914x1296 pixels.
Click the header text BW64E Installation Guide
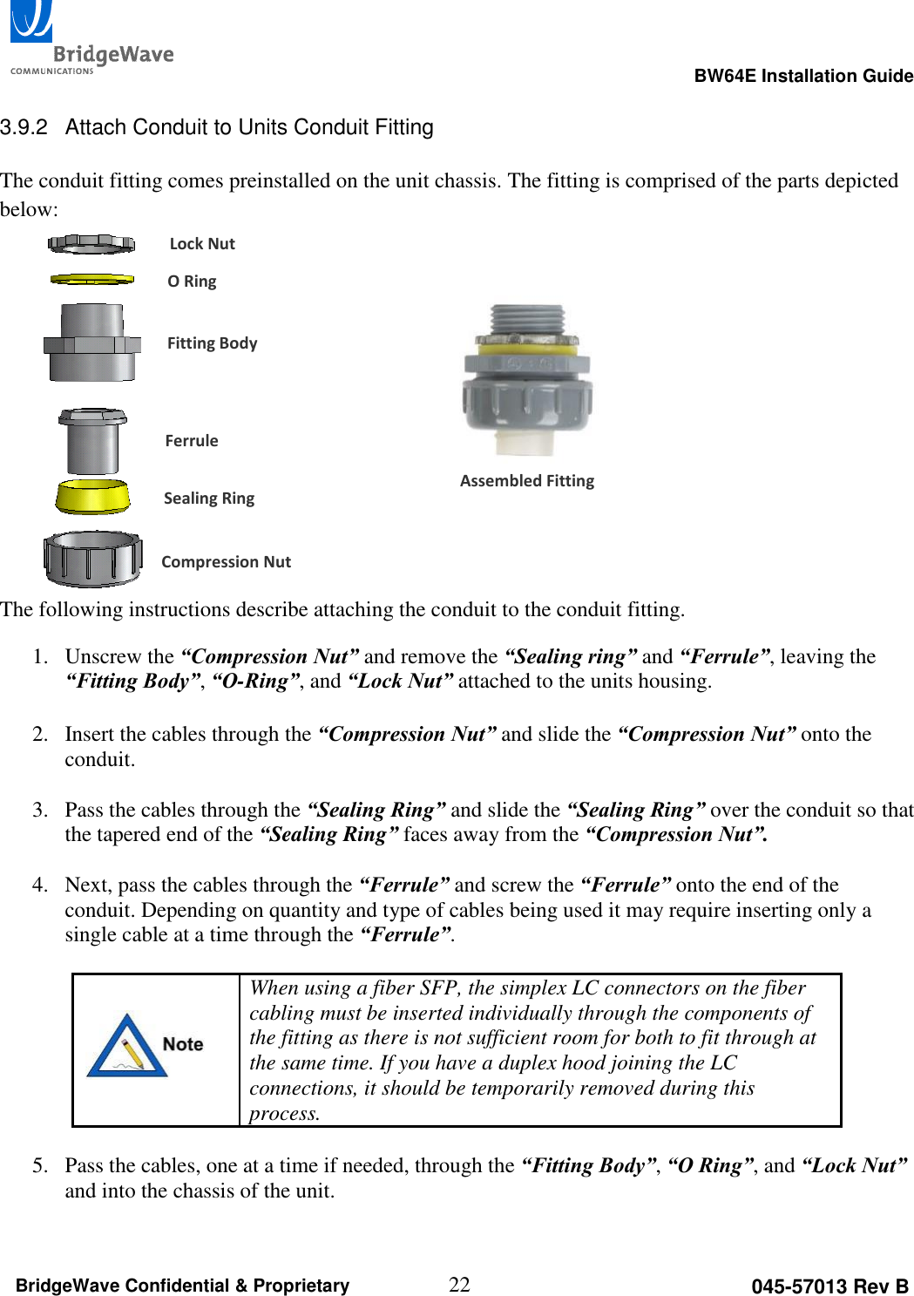pos(802,76)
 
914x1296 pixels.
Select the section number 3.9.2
pos(24,127)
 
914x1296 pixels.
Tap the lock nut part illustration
pos(91,244)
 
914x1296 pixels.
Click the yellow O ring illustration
pos(91,280)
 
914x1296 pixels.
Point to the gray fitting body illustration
pos(92,343)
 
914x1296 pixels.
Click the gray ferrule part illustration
pos(92,440)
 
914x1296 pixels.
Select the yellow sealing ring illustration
pos(92,497)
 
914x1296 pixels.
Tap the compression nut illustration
pos(92,559)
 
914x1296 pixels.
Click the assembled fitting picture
pos(527,380)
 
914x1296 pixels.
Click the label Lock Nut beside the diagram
pos(202,244)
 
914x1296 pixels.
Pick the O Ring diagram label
pos(192,282)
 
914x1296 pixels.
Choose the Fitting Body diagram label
pos(212,343)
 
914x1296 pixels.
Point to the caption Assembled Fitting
pos(527,481)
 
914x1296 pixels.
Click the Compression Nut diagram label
pos(226,562)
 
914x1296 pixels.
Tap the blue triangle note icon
pos(127,1046)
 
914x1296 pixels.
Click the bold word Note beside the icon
pos(183,1044)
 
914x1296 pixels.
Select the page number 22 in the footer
pos(459,1285)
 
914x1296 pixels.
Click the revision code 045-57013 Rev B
pos(829,1286)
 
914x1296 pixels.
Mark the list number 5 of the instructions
pos(38,1166)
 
